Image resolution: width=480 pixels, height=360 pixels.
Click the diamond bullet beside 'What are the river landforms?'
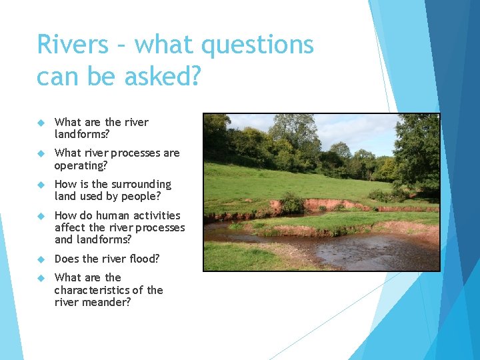(x=41, y=123)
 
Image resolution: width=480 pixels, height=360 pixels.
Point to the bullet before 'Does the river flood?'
(x=41, y=259)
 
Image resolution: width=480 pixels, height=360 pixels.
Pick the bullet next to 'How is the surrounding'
(x=41, y=185)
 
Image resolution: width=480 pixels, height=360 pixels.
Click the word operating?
(x=81, y=165)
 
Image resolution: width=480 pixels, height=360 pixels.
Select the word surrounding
(x=141, y=184)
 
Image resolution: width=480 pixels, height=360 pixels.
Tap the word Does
(x=68, y=259)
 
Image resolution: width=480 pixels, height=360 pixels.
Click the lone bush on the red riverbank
(x=291, y=203)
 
